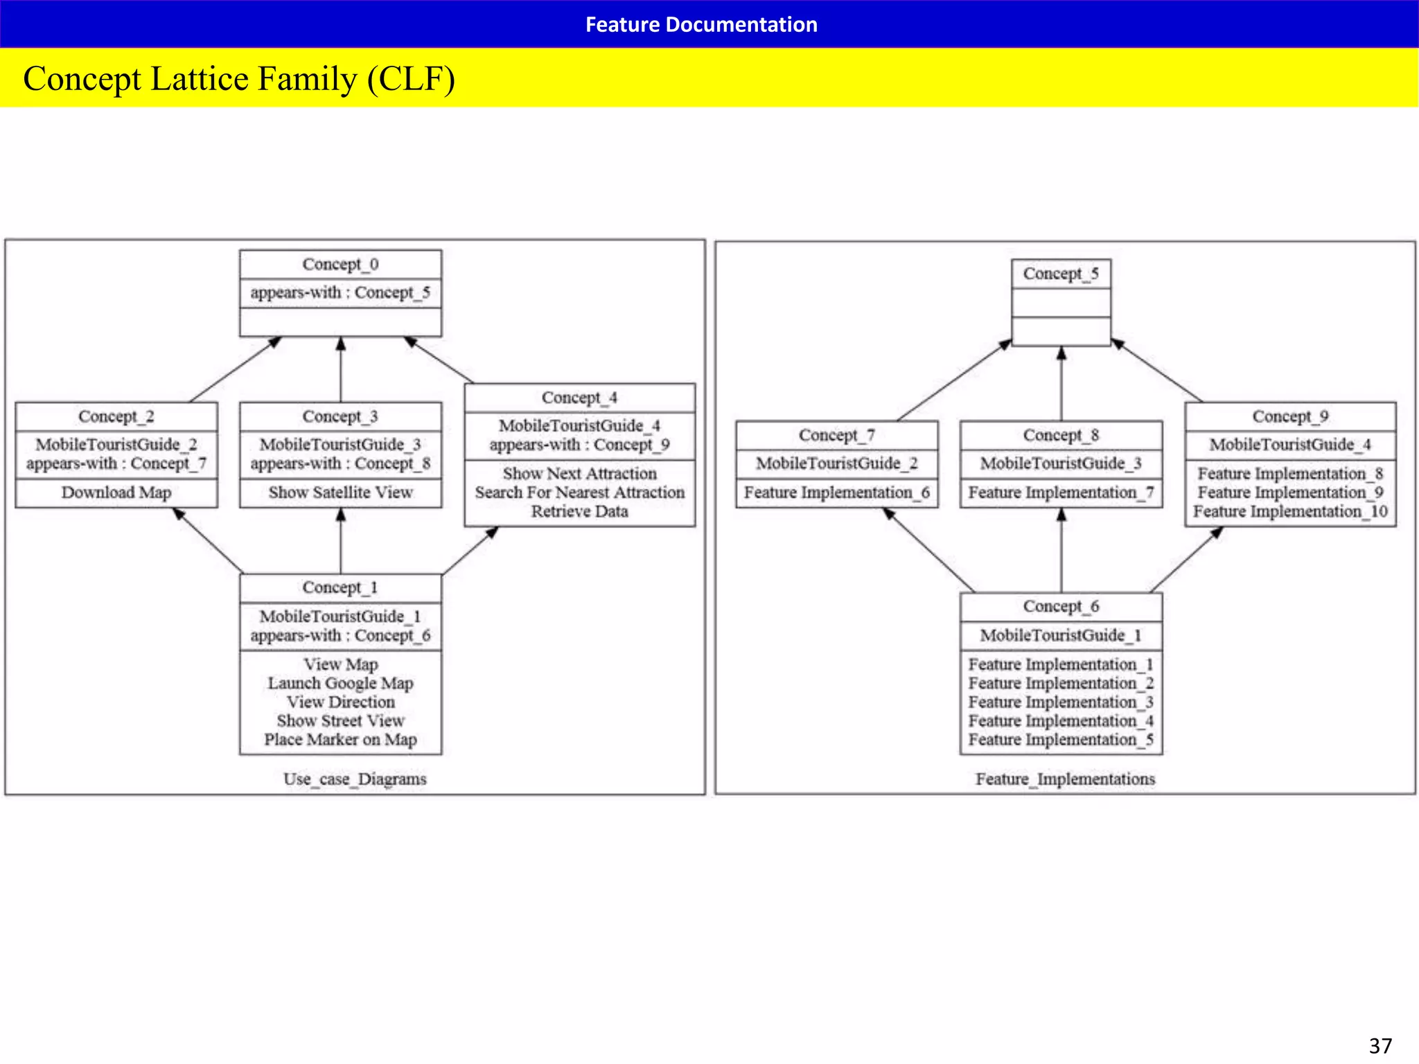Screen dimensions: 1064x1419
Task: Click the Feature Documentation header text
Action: click(701, 25)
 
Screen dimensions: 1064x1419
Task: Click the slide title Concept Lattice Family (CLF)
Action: click(239, 78)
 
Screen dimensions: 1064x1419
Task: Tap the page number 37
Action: click(1380, 1045)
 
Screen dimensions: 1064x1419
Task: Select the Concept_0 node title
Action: click(340, 264)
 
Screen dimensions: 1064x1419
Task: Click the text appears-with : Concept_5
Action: click(340, 292)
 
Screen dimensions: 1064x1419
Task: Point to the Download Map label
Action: click(116, 493)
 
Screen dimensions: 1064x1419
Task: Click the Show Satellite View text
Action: click(340, 493)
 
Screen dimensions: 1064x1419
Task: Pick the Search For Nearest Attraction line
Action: click(579, 493)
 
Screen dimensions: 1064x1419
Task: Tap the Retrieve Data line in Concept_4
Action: click(579, 511)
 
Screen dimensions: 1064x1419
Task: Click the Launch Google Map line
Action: click(340, 683)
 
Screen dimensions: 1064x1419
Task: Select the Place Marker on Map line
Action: click(340, 740)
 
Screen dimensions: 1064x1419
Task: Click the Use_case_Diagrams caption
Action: click(355, 779)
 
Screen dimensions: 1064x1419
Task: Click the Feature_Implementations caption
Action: click(1065, 779)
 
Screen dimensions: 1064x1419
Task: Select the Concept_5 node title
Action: click(1061, 274)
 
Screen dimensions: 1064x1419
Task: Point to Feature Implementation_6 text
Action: click(836, 493)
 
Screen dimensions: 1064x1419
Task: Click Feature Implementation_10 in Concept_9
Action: click(1289, 511)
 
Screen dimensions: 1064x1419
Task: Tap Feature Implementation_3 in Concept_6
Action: click(1061, 702)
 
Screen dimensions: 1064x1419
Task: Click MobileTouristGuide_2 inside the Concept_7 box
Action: click(836, 463)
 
